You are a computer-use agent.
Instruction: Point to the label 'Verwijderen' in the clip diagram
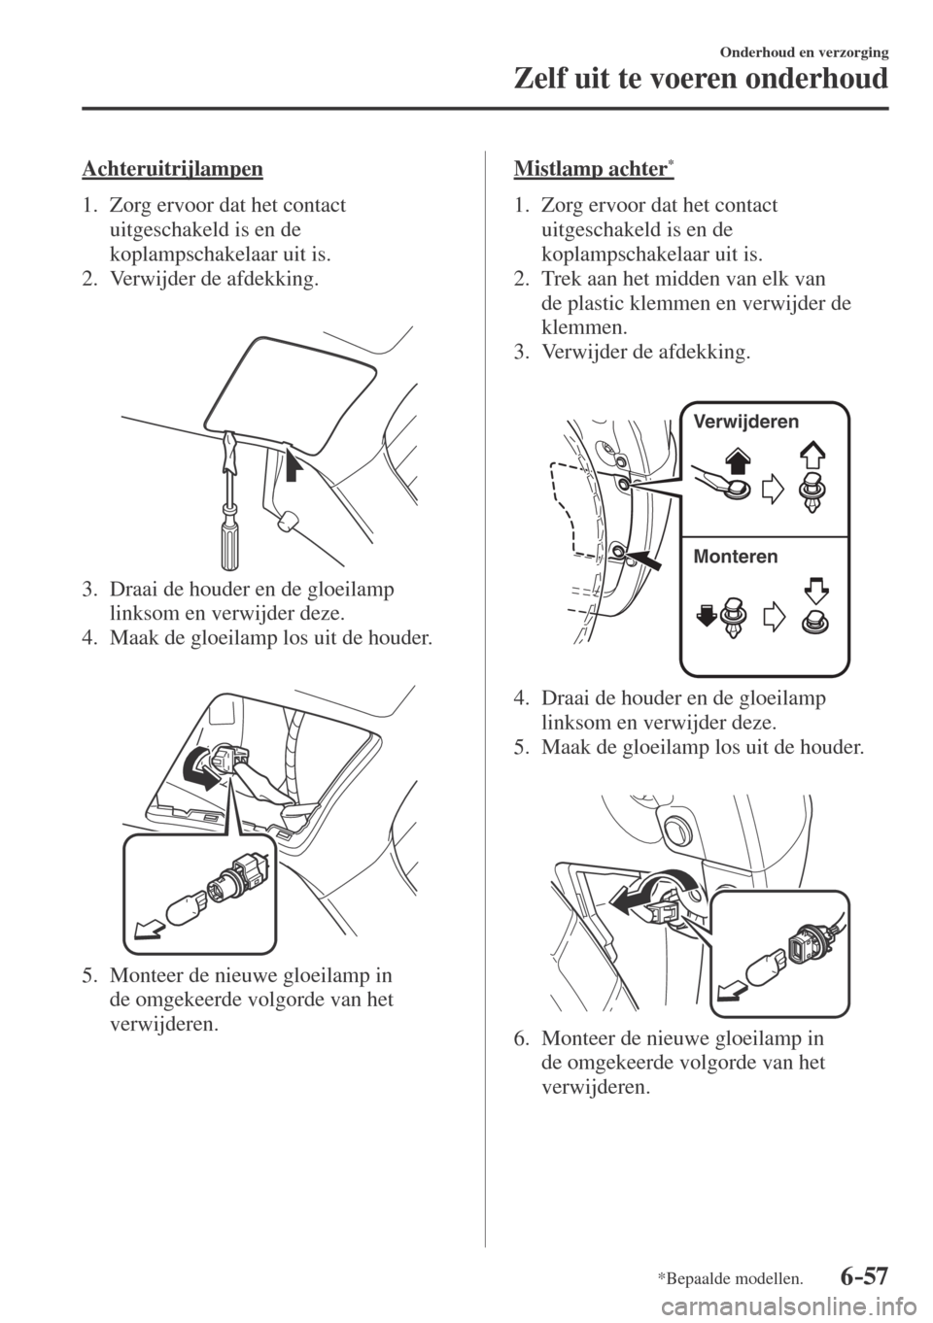click(x=746, y=422)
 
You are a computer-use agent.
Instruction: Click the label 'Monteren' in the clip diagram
click(x=736, y=557)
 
